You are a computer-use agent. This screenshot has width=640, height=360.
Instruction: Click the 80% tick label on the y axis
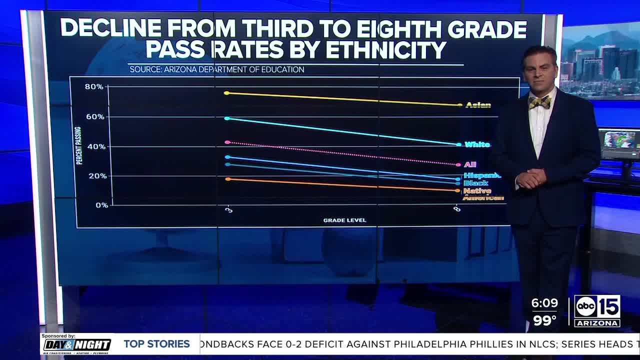[x=94, y=87]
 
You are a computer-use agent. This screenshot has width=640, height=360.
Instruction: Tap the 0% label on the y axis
[x=101, y=205]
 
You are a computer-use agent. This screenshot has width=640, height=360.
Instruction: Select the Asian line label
[x=478, y=105]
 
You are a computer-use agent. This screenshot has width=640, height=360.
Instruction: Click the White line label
[x=477, y=144]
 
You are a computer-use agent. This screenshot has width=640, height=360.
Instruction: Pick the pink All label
[x=470, y=164]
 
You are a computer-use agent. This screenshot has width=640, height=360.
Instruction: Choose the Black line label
[x=475, y=183]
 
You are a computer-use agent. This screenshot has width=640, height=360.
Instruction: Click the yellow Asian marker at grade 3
[x=226, y=93]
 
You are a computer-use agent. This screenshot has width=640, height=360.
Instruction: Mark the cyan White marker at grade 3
[x=227, y=118]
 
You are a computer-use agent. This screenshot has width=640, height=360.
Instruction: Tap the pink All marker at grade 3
[x=227, y=142]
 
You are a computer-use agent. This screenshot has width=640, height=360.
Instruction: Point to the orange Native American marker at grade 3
[x=227, y=179]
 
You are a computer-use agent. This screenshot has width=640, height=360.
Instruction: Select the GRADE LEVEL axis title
[x=344, y=220]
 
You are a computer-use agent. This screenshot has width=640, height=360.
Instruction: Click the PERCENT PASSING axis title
[x=79, y=145]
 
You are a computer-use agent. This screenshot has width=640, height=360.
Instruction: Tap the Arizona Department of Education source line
[x=217, y=69]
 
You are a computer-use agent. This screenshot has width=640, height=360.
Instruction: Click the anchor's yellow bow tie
[x=540, y=102]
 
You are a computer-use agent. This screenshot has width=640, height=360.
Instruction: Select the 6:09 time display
[x=544, y=303]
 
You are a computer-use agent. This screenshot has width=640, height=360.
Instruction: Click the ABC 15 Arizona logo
[x=597, y=310]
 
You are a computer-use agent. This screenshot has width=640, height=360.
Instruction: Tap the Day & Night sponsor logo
[x=77, y=344]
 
